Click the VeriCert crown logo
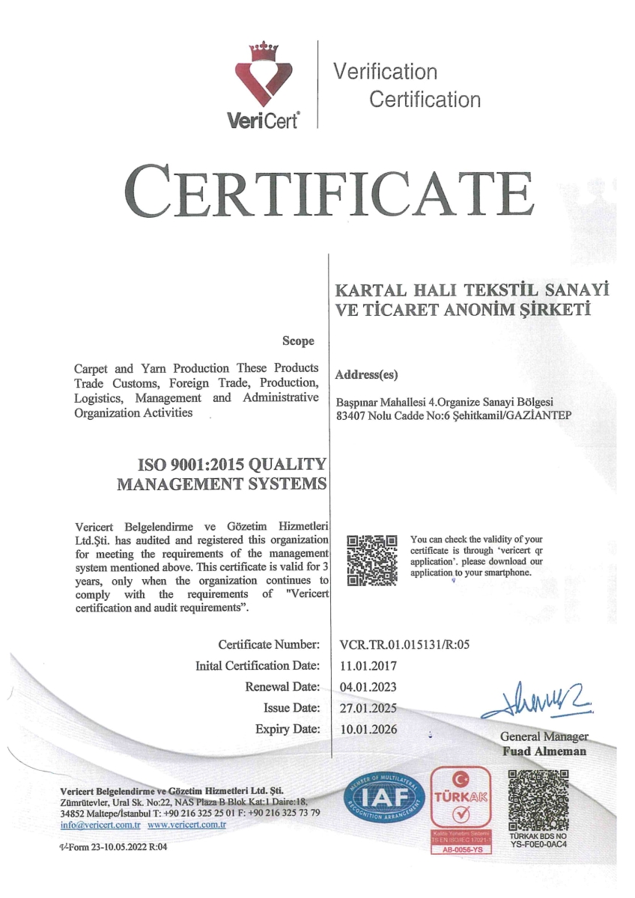point(268,79)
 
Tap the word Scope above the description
point(298,341)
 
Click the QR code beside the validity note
point(372,560)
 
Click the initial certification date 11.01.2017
point(368,665)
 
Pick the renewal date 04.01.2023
point(368,686)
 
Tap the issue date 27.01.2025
point(368,707)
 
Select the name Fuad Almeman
point(544,751)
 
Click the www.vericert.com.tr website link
point(186,825)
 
